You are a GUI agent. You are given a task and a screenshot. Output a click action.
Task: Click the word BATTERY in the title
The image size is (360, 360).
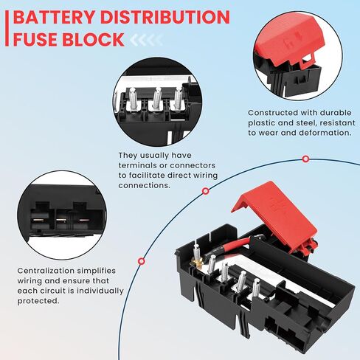click(54, 17)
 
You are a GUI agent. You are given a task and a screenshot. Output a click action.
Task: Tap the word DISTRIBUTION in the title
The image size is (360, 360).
click(165, 17)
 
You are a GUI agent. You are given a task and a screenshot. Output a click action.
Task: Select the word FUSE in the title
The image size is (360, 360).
click(35, 39)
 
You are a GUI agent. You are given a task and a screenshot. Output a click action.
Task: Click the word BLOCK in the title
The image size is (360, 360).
click(94, 39)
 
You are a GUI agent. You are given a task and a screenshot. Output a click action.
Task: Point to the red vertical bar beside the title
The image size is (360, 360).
click(7, 28)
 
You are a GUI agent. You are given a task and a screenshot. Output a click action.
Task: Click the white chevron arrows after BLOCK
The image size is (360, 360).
click(146, 40)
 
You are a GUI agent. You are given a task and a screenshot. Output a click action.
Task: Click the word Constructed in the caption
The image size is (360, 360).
click(273, 113)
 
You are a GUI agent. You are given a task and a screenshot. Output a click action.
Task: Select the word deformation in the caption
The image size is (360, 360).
click(325, 133)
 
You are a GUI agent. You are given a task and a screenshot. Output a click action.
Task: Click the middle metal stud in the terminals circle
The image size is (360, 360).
click(156, 99)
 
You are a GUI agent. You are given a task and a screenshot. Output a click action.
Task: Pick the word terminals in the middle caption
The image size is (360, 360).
click(137, 165)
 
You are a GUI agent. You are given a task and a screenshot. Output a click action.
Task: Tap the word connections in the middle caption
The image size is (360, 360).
click(144, 185)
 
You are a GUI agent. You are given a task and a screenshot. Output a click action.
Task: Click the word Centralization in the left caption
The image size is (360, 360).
click(46, 271)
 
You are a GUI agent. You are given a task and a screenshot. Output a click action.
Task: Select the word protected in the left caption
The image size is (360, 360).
click(38, 301)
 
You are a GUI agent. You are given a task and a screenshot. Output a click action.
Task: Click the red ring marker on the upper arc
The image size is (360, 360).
click(305, 159)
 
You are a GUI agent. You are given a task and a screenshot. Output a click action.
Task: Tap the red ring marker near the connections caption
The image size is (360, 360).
click(206, 191)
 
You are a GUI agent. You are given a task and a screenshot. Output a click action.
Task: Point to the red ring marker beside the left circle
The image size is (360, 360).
click(141, 261)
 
